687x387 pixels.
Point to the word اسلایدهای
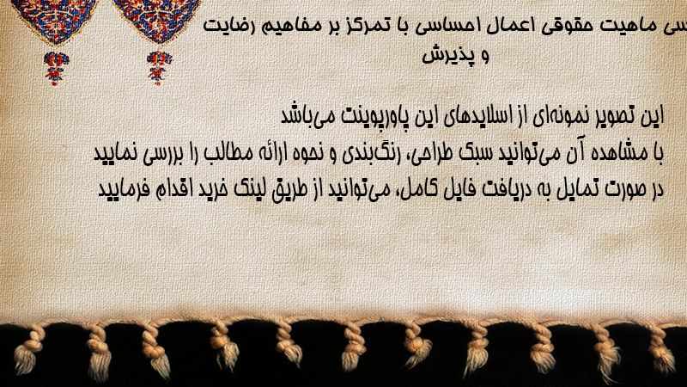(477, 116)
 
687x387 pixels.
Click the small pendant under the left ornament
(56, 69)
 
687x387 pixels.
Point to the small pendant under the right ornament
(159, 68)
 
